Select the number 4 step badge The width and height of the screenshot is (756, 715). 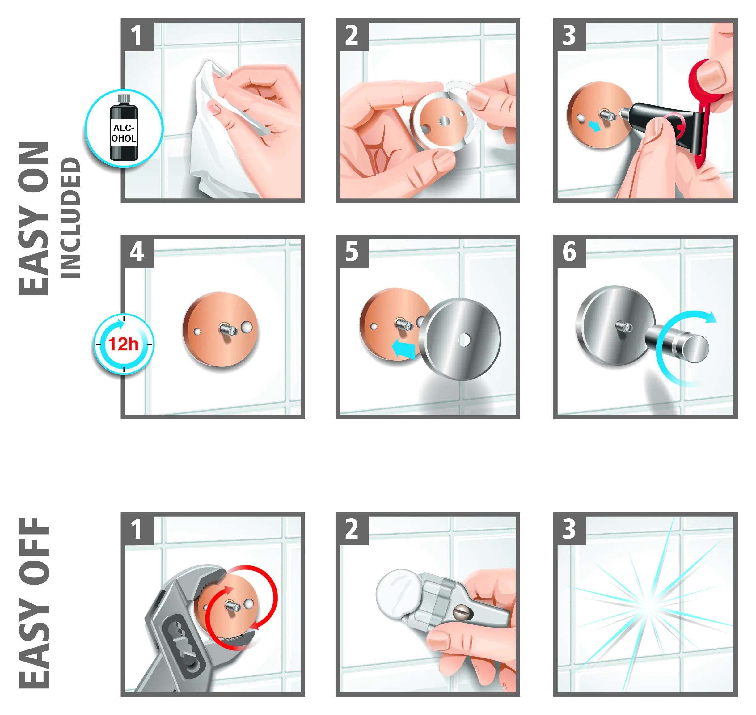pyautogui.click(x=137, y=251)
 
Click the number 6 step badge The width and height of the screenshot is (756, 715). pyautogui.click(x=570, y=251)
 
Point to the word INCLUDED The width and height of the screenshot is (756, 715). pyautogui.click(x=70, y=218)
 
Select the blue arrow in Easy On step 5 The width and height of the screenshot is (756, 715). pyautogui.click(x=403, y=348)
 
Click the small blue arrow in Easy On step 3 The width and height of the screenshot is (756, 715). pyautogui.click(x=594, y=126)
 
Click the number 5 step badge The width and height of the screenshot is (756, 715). pyautogui.click(x=352, y=251)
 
